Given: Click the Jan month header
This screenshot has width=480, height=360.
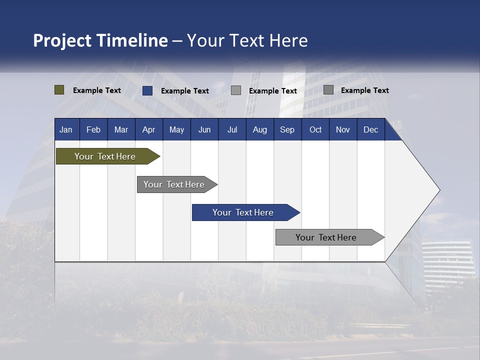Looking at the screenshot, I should coord(66,129).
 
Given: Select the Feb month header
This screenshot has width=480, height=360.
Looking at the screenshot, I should coord(93,129).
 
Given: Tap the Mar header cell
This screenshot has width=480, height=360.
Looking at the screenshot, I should coord(121,129).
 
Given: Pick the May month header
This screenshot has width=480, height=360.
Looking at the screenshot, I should coord(176,129).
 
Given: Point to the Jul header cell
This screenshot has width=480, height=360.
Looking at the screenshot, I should coord(232,129).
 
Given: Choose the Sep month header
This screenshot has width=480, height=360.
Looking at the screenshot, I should coord(287,129).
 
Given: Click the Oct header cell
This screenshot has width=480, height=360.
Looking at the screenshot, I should coord(315,129).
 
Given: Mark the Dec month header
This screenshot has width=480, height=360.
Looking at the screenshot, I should coord(370,129).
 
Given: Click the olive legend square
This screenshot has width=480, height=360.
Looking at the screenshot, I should coord(59,90).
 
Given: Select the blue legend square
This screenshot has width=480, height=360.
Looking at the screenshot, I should coord(147,90).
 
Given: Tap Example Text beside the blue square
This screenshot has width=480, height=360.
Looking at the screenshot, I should coord(185,91).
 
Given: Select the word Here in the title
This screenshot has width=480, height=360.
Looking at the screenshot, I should coord(289,40).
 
